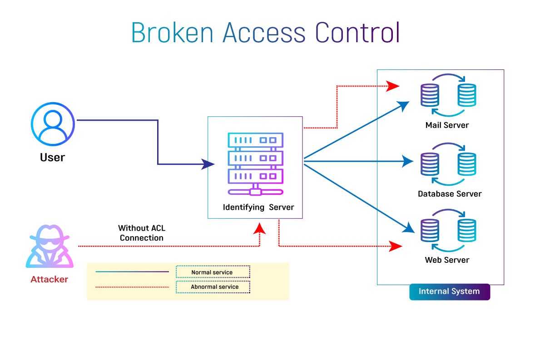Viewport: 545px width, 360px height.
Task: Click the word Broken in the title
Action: tap(173, 33)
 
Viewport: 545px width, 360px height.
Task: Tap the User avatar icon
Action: tap(53, 123)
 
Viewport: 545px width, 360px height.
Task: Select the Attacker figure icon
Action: tap(50, 247)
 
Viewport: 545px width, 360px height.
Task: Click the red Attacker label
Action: tap(49, 279)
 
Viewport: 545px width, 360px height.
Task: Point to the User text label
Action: tap(52, 158)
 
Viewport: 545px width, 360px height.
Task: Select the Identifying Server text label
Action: tap(258, 207)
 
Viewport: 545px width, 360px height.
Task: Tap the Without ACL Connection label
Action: tap(142, 233)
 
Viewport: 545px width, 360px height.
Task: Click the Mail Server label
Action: tap(447, 125)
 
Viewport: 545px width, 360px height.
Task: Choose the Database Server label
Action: tap(450, 194)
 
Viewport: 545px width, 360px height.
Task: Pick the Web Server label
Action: tap(447, 260)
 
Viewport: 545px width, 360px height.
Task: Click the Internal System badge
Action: tap(449, 291)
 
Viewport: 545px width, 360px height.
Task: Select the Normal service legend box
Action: tap(213, 272)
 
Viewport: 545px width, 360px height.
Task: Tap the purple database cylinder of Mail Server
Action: tap(430, 95)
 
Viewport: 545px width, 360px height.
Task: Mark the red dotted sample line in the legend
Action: tap(132, 287)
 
